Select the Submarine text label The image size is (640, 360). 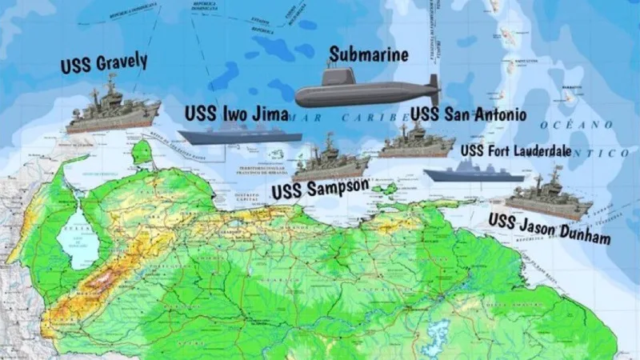(369, 55)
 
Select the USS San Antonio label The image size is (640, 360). (468, 114)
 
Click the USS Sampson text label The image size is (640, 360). (320, 190)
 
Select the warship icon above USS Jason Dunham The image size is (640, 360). (548, 198)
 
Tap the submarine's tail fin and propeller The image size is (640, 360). (433, 90)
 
